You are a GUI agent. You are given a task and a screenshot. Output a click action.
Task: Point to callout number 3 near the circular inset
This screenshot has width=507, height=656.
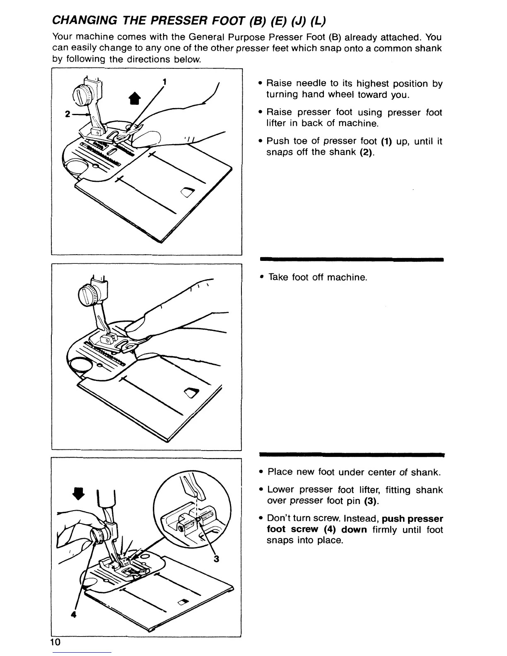click(216, 560)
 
